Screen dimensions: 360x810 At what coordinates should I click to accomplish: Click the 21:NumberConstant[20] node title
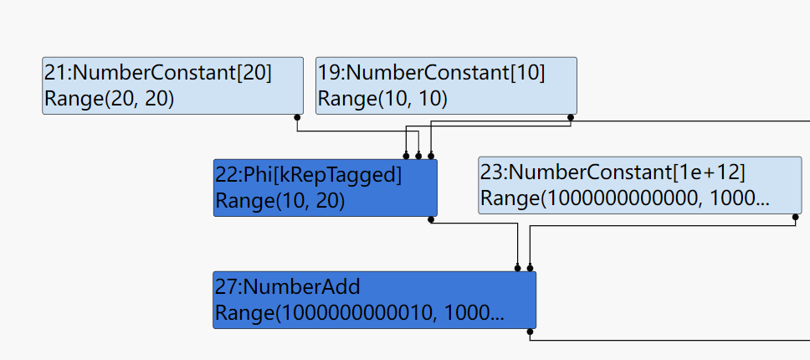click(157, 74)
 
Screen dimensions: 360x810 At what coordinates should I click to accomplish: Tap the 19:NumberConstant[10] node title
click(431, 74)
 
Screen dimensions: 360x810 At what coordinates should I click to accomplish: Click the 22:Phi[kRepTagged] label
click(309, 175)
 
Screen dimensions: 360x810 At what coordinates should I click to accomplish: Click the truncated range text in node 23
click(624, 199)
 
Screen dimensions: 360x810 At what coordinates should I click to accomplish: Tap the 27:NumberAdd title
click(288, 287)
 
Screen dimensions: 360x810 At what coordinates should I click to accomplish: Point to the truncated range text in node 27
click(360, 313)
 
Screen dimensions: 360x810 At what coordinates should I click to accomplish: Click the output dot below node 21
click(297, 117)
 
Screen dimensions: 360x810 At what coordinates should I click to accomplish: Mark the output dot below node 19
click(571, 117)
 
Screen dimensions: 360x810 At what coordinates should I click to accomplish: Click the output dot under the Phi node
click(431, 219)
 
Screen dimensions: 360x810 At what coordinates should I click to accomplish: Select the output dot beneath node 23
click(796, 217)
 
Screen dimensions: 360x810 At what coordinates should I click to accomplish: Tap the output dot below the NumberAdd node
click(530, 332)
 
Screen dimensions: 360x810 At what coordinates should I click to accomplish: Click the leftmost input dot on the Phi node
click(407, 155)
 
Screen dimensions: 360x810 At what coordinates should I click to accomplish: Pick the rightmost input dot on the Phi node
click(431, 155)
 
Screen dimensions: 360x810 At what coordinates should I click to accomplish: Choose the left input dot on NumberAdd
click(518, 268)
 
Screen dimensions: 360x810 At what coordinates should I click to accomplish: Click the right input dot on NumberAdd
click(530, 268)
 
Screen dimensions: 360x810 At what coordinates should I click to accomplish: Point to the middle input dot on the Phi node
click(418, 155)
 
